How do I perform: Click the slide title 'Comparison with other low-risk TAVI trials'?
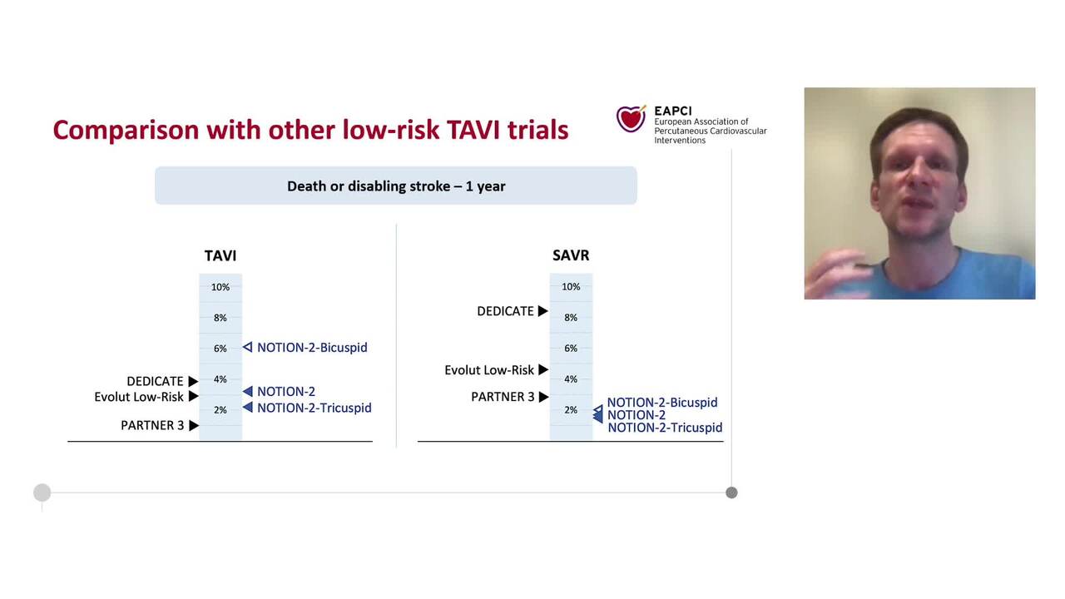310,130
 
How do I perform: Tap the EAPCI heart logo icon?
631,119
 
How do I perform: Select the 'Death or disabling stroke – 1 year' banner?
396,186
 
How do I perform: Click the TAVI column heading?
220,255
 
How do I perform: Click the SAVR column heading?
571,255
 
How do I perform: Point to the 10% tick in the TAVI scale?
220,287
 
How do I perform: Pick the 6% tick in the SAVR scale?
571,349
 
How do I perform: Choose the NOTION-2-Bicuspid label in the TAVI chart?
312,348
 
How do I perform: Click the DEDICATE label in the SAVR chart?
505,311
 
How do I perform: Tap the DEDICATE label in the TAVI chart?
155,382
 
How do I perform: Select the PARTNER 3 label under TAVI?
152,426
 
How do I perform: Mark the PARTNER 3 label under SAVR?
503,397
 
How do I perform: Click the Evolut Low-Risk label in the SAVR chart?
489,370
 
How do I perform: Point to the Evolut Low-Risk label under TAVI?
139,397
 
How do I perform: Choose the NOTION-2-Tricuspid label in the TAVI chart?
315,408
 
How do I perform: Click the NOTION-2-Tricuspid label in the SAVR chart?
665,428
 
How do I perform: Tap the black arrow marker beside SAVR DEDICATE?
542,311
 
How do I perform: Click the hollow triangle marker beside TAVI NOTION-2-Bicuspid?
247,347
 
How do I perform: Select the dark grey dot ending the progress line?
731,493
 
